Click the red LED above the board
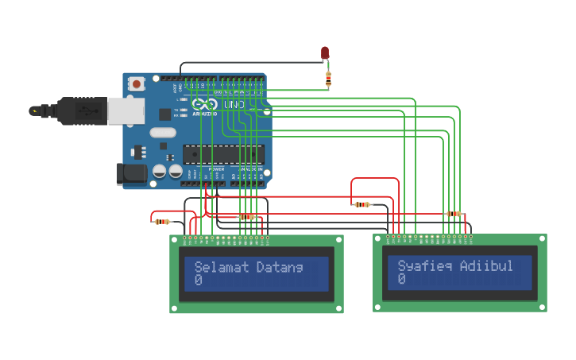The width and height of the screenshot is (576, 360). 324,52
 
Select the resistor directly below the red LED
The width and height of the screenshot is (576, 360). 328,77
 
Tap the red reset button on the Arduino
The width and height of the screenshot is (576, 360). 137,83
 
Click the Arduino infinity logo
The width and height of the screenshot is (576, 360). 204,105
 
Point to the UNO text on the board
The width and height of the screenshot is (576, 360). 234,105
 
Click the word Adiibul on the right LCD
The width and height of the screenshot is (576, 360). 486,265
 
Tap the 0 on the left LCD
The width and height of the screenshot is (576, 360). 198,281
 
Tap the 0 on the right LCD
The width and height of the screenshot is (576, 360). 402,279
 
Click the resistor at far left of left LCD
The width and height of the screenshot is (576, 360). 163,221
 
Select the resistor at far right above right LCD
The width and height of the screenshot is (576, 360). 454,213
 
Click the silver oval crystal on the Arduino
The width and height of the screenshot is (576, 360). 162,134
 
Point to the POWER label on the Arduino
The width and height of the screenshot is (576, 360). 216,169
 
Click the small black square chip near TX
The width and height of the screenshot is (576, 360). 165,114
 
